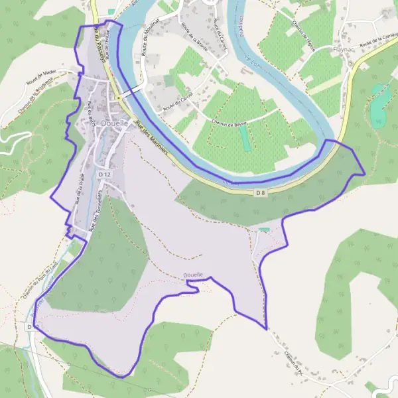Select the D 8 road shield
[x=261, y=192]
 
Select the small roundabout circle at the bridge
[x=118, y=98]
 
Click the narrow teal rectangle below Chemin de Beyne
[x=245, y=138]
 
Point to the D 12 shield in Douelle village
[x=103, y=174]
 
